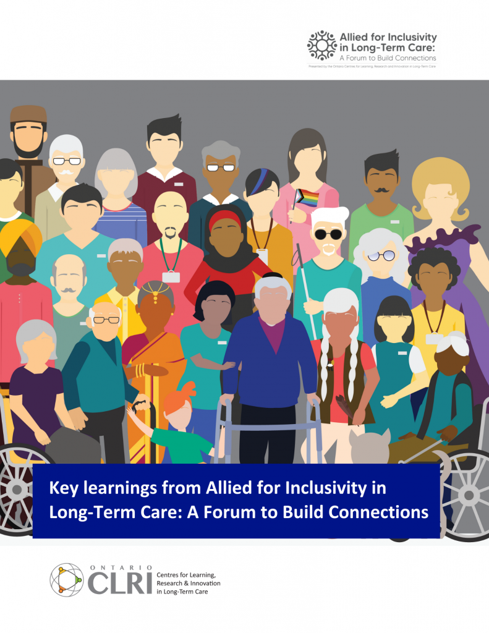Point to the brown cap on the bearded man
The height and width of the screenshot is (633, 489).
[x=28, y=113]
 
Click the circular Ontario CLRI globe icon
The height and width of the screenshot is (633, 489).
[x=66, y=579]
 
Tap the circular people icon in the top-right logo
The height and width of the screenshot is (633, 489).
[x=321, y=45]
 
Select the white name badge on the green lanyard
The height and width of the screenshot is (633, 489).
[x=171, y=277]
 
